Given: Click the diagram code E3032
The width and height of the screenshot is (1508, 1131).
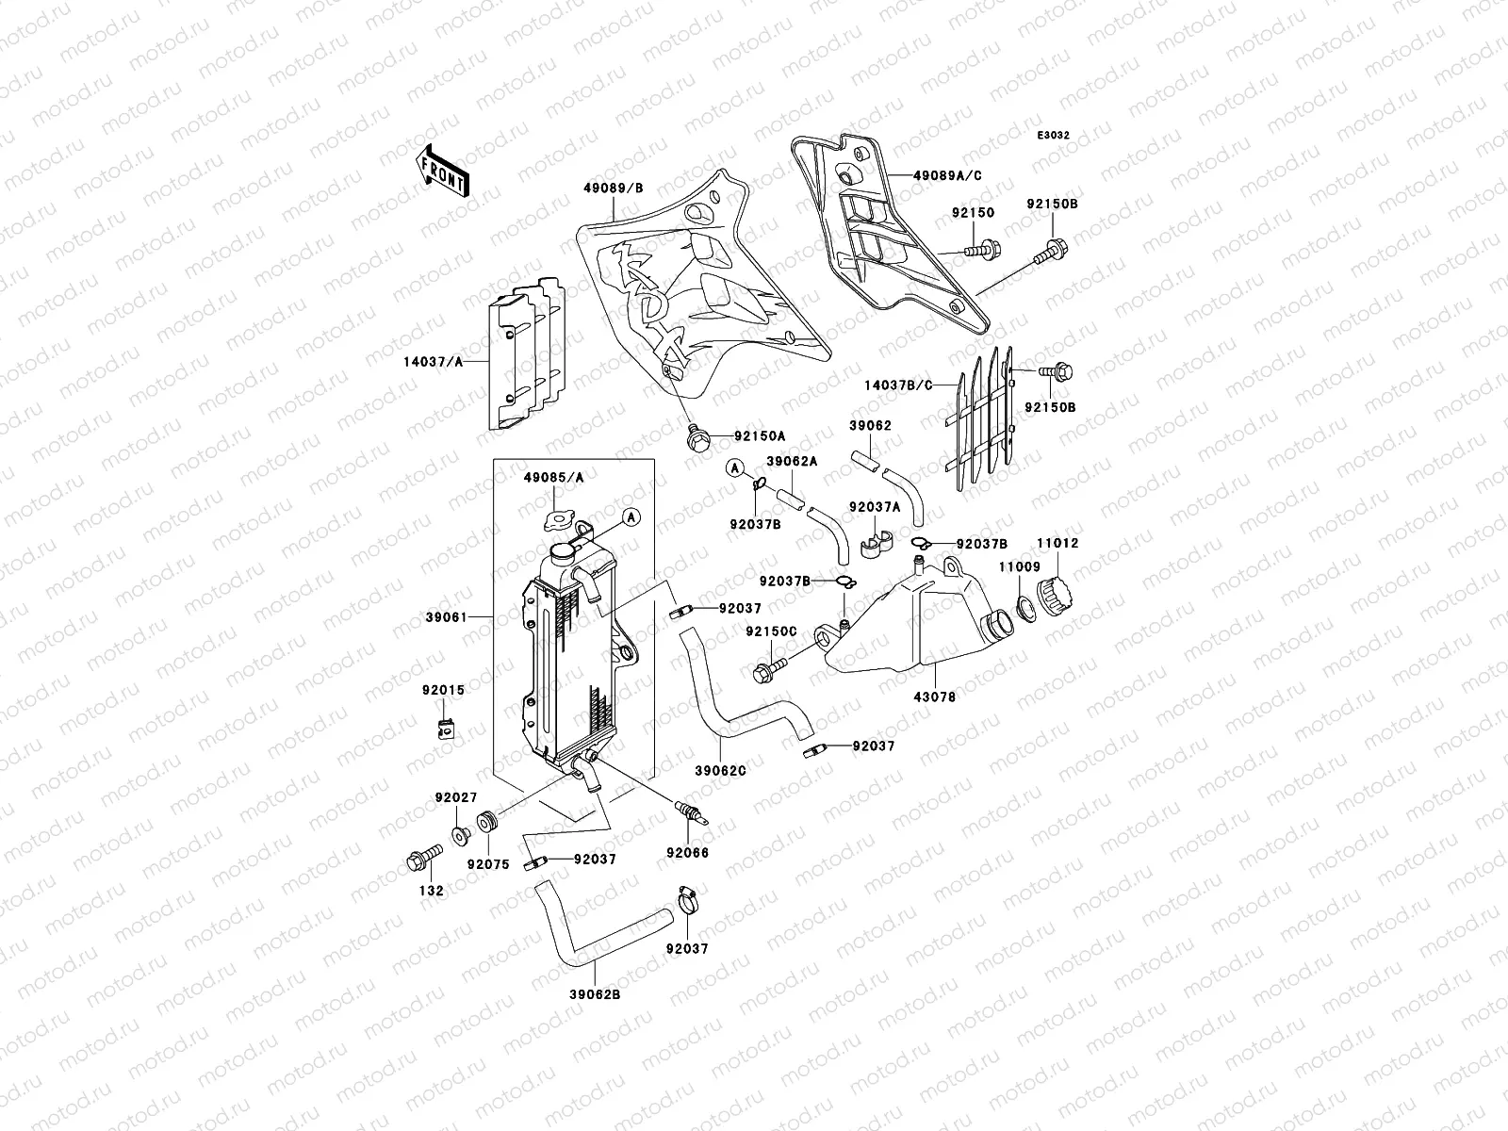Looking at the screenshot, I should pyautogui.click(x=1054, y=136).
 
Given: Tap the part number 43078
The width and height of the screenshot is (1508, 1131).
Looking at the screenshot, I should pyautogui.click(x=935, y=697).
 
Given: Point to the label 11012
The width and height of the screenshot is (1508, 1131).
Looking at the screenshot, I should pyautogui.click(x=1057, y=544).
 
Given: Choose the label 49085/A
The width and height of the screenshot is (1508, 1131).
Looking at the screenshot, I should pyautogui.click(x=553, y=478).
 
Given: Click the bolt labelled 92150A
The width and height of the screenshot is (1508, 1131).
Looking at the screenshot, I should pyautogui.click(x=697, y=437).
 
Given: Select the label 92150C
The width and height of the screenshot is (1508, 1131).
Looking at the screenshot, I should pyautogui.click(x=771, y=631).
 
